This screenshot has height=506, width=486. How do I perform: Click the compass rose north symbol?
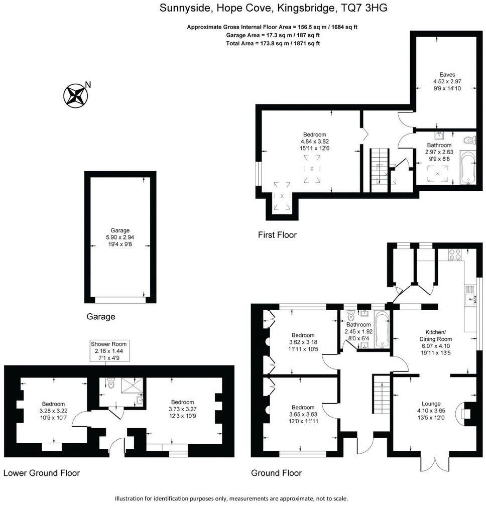coord(74,95)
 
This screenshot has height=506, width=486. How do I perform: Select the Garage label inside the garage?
coord(120,231)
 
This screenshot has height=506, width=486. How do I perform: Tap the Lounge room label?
coord(431,404)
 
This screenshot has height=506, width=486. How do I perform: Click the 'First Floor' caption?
coord(277,235)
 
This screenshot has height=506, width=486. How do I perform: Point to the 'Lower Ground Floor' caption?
coord(42,473)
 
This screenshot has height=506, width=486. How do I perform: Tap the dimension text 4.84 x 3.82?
coord(314,142)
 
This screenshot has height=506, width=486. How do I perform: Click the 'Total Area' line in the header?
coord(273,44)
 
